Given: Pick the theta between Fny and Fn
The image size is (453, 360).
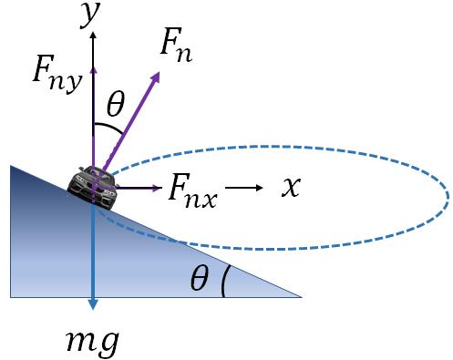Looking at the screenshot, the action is tap(116, 105).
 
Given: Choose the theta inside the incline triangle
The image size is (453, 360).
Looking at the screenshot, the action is tap(199, 281).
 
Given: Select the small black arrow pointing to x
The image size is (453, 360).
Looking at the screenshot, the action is tap(244, 188).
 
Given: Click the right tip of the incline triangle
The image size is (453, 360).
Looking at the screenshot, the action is tap(302, 296).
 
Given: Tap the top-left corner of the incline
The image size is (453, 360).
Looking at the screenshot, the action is tap(10, 166).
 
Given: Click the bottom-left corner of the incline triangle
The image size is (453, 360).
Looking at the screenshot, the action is tap(10, 296).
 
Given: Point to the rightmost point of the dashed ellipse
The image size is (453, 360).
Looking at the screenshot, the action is tap(448, 195).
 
